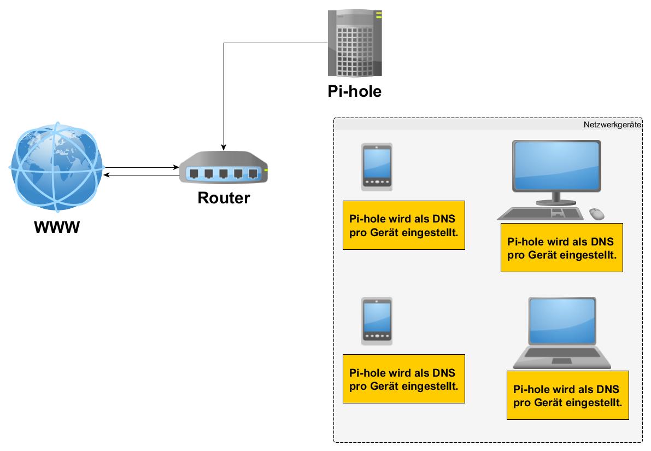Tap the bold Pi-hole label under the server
354,91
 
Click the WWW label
57,226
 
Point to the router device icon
224,168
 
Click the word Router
224,197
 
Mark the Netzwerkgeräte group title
612,125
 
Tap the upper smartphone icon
377,167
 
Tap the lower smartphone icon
377,321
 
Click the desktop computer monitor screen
556,165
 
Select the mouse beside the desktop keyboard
597,213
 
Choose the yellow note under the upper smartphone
403,225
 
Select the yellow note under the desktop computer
561,247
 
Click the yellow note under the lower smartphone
403,379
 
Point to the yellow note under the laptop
567,395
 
